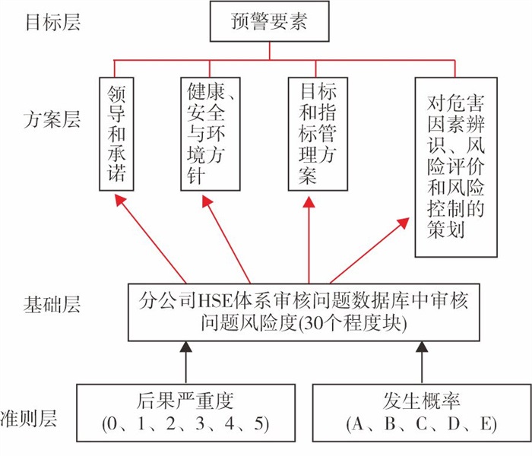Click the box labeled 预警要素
269,21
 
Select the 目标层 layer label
53,21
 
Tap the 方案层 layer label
52,119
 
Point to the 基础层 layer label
52,304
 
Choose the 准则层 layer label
29,418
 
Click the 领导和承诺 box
116,134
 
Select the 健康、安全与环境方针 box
211,134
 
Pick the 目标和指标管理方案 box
318,134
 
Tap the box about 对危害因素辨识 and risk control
456,167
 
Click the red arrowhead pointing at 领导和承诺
120,200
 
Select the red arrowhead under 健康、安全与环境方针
207,201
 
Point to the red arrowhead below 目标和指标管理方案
309,201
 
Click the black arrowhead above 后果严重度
185,347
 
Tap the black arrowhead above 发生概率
422,347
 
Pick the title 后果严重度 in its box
185,401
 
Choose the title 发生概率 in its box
421,401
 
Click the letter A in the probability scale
358,424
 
